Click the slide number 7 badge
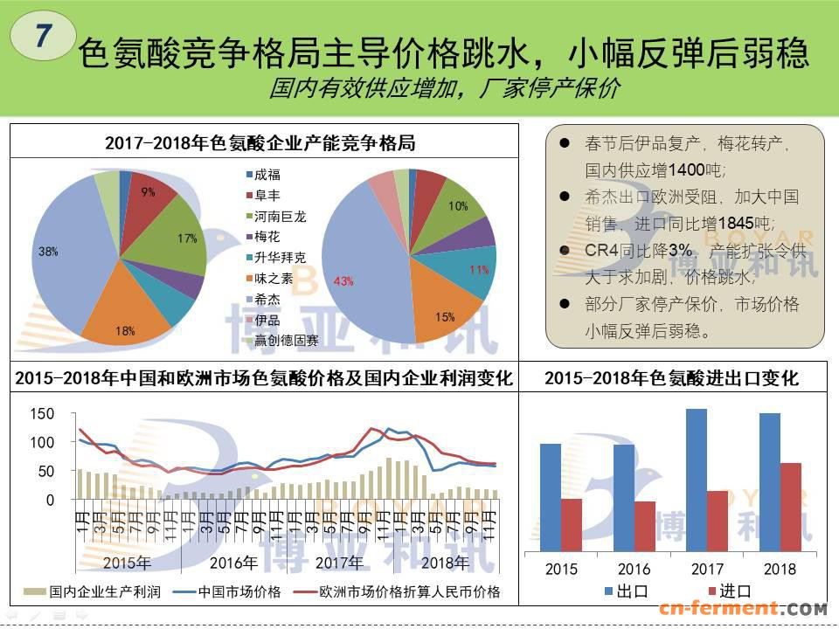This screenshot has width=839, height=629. [x=41, y=36]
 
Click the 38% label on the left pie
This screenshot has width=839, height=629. [x=48, y=252]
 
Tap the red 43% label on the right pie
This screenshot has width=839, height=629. [x=343, y=280]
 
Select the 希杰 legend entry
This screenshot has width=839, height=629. [x=269, y=298]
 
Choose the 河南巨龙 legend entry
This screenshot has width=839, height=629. [x=280, y=215]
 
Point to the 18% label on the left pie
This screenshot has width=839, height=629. [x=125, y=330]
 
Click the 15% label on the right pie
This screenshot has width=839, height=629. [x=445, y=317]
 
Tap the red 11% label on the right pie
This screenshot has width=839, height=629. [x=479, y=270]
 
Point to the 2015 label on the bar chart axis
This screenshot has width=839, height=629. [x=561, y=569]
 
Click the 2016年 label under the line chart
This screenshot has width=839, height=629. [x=233, y=562]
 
